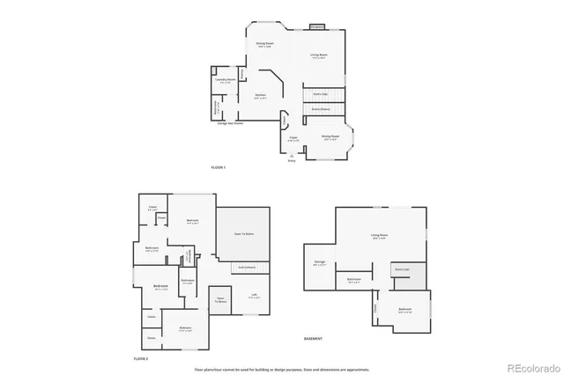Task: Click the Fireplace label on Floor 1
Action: tap(318, 26)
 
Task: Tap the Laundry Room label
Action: tap(225, 80)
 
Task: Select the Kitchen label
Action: tap(261, 95)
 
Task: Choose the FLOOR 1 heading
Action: tap(219, 167)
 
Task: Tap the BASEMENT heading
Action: tap(314, 338)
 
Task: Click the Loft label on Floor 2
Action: tap(254, 296)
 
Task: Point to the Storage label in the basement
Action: tap(319, 261)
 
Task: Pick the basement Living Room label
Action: tap(380, 235)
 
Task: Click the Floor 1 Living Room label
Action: tap(319, 56)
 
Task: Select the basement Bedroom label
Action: tap(404, 310)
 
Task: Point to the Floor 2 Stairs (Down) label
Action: tap(248, 267)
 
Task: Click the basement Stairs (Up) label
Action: tap(401, 268)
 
